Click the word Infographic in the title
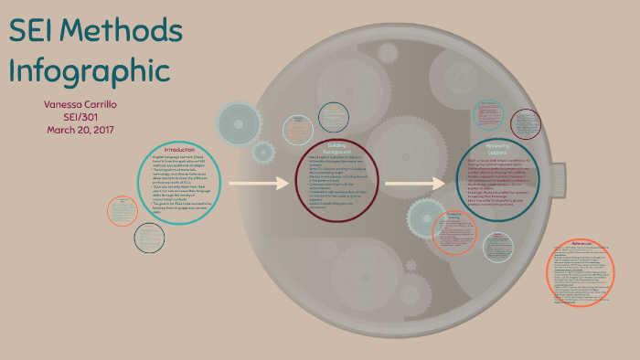coord(89,70)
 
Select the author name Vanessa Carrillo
coord(80,104)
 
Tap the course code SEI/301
coord(80,116)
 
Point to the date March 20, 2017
coord(80,129)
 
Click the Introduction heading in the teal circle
coord(179,150)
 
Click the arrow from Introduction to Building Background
coord(258,185)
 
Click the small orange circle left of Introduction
coord(123,211)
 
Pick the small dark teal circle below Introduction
coord(149,238)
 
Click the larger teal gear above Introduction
coord(238,122)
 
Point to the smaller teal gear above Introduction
coord(264,152)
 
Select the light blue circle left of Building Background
coord(298,130)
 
